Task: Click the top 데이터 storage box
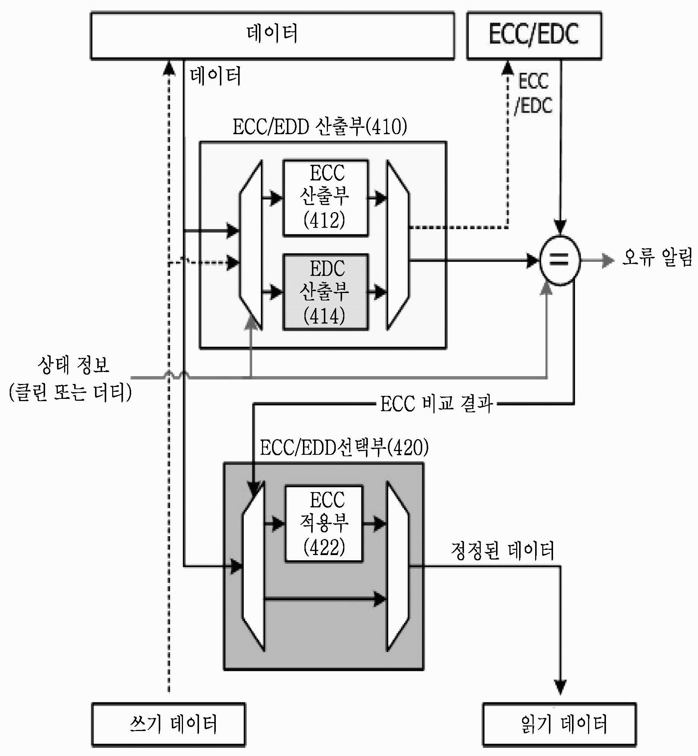tap(272, 36)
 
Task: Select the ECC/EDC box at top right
tap(534, 36)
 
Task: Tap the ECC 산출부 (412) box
tap(326, 198)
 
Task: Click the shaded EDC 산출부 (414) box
tap(326, 292)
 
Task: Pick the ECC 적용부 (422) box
tap(324, 524)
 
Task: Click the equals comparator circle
tap(560, 260)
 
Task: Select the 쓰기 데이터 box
tap(168, 724)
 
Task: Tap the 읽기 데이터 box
tap(560, 724)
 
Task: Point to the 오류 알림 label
tap(657, 257)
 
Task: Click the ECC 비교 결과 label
tap(436, 403)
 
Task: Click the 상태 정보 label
tap(73, 365)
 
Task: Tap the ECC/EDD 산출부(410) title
tap(320, 127)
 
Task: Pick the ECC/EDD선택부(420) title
tap(344, 447)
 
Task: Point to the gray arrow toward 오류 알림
tap(597, 260)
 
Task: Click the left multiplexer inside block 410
tap(250, 245)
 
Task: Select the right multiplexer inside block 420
tap(398, 566)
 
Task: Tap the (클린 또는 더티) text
tap(70, 392)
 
